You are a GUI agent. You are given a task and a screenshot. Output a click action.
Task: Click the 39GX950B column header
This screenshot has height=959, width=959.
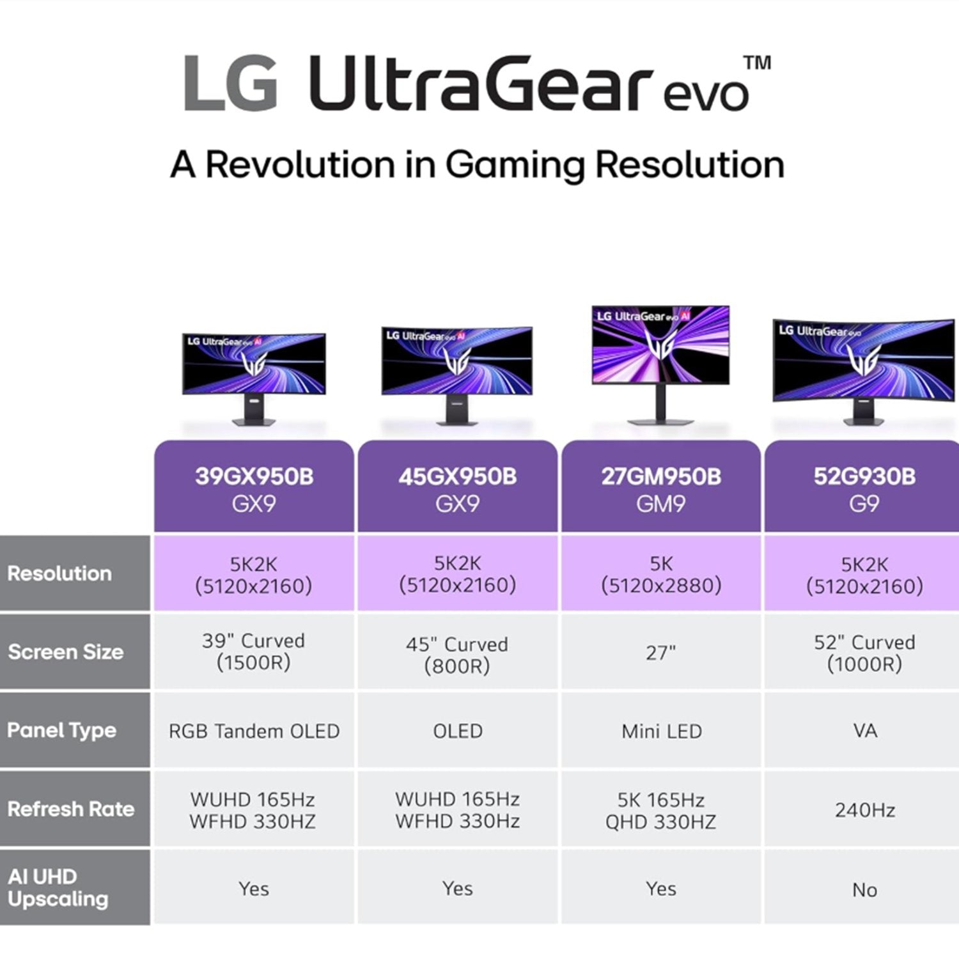point(254,487)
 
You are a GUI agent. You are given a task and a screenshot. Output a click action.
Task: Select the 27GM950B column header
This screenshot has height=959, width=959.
point(661,487)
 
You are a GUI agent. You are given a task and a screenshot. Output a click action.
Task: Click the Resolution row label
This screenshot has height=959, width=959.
point(59,573)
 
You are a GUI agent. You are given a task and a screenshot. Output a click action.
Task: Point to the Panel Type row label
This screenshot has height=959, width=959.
point(62,730)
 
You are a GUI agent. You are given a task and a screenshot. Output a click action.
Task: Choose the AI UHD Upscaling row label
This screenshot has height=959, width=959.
point(58,887)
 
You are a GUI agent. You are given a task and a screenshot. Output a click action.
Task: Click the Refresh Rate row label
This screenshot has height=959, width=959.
point(71,809)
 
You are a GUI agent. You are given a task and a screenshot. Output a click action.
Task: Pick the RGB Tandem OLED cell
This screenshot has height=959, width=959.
point(254,731)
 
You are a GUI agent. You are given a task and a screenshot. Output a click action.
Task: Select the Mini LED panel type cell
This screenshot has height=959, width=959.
point(661,731)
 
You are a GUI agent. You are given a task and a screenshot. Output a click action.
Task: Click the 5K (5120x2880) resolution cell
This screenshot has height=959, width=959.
point(661,573)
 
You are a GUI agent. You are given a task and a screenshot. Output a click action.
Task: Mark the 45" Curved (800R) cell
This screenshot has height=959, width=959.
point(457,652)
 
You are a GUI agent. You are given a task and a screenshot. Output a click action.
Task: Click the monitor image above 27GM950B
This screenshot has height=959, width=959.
point(660,364)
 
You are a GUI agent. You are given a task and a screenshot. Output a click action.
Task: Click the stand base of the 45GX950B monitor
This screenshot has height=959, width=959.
point(457,421)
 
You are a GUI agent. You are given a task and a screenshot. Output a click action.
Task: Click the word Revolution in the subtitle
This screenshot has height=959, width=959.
point(300,164)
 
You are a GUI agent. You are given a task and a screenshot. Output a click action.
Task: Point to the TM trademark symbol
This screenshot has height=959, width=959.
point(757,63)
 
